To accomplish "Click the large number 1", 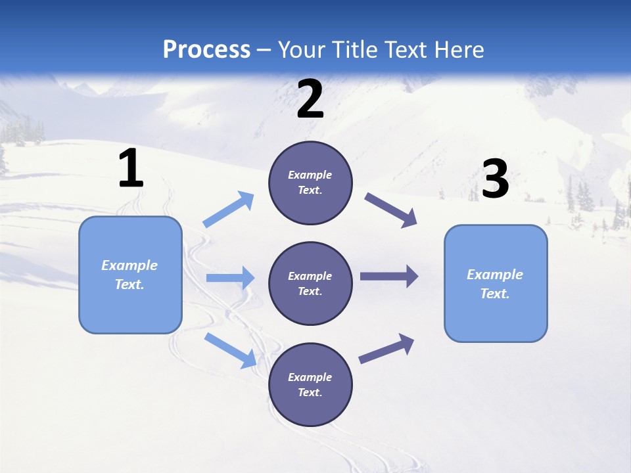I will (x=131, y=169).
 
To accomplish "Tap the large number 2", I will (x=310, y=100).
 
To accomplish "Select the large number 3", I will (x=495, y=179).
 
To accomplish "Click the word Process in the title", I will (x=206, y=49).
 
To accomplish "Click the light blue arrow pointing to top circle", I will (x=228, y=210).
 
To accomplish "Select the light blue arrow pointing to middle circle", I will (x=229, y=278).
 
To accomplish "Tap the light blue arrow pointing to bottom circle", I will (x=230, y=349).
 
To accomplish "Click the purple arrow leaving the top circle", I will (x=390, y=210).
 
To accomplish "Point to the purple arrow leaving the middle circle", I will (x=388, y=276).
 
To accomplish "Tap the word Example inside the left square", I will (x=129, y=265).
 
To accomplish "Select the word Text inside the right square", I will (x=495, y=294).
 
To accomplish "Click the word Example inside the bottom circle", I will (x=310, y=377).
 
